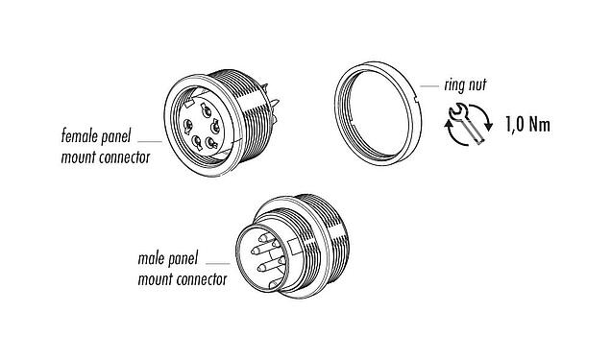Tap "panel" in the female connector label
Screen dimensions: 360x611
[x=126, y=138]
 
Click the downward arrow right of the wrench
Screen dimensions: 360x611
[x=490, y=124]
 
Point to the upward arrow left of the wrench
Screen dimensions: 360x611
[x=449, y=126]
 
